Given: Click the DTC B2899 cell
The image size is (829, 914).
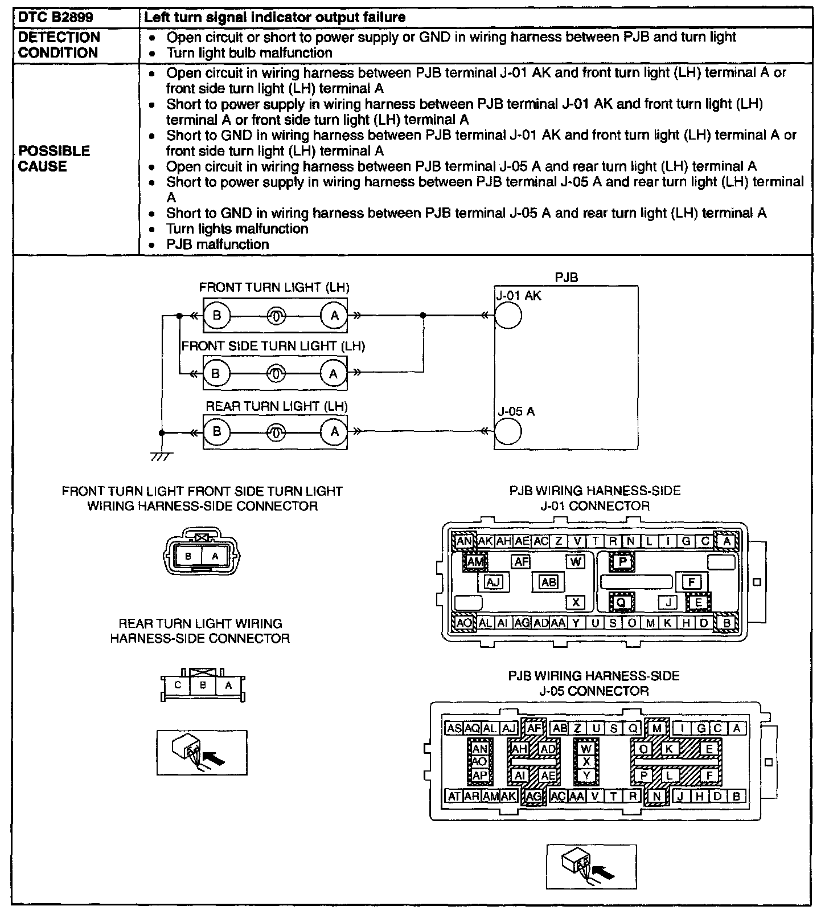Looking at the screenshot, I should [55, 17].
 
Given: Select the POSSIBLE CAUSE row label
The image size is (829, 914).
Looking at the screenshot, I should [54, 158].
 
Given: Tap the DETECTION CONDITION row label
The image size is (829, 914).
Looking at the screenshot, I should [59, 45].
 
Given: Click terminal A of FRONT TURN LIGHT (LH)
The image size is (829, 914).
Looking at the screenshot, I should [334, 315].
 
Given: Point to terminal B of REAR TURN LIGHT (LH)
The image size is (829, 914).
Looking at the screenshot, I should [216, 431].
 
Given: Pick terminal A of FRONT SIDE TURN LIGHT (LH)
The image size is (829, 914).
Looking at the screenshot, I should [334, 374].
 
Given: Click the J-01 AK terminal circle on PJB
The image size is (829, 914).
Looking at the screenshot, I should [508, 315].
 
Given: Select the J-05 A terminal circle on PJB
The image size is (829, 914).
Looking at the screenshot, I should [508, 431].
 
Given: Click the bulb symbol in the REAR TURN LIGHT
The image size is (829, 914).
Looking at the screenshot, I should [276, 432].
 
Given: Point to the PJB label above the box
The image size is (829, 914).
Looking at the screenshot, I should [566, 278].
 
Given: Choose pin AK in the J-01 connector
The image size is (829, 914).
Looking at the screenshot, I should [485, 541].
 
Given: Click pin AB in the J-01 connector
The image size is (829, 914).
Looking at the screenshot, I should [549, 582].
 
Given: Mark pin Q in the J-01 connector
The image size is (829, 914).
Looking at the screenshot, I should [621, 602].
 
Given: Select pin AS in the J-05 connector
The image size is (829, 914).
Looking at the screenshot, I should [454, 728].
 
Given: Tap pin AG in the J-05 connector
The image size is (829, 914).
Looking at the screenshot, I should [534, 797].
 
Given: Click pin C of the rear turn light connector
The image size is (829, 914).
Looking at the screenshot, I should [178, 685].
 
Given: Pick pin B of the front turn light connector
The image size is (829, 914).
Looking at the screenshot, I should [188, 556].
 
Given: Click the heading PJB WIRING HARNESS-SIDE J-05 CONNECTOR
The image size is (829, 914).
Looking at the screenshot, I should [594, 683].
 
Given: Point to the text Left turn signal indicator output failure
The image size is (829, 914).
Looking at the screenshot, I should [275, 17].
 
